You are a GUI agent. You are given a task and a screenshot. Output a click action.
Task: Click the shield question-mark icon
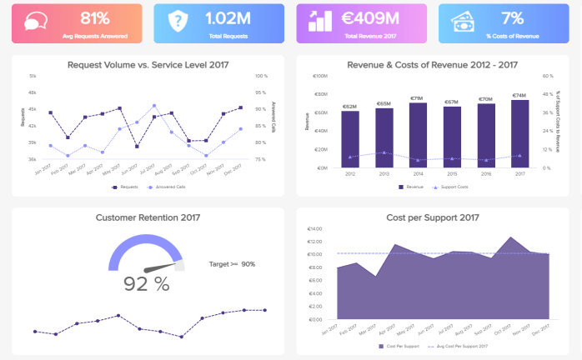pyautogui.click(x=178, y=22)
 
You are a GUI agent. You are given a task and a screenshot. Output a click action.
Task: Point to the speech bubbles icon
pyautogui.click(x=36, y=22)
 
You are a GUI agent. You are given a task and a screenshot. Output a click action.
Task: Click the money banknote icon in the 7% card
pyautogui.click(x=464, y=22)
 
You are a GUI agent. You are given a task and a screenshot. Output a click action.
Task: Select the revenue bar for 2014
pyautogui.click(x=418, y=134)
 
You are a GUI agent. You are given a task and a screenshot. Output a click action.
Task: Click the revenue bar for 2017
pyautogui.click(x=519, y=133)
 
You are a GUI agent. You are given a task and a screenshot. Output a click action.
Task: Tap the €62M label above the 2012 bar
pyautogui.click(x=349, y=107)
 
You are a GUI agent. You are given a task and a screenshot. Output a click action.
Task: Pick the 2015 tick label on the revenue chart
pyautogui.click(x=451, y=174)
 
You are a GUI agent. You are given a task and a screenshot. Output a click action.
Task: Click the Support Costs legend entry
pyautogui.click(x=450, y=187)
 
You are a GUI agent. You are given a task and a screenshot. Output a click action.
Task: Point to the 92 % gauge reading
pyautogui.click(x=147, y=283)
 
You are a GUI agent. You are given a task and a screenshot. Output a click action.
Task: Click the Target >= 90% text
pyautogui.click(x=232, y=264)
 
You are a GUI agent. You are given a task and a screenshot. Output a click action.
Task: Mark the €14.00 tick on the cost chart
pyautogui.click(x=315, y=228)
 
